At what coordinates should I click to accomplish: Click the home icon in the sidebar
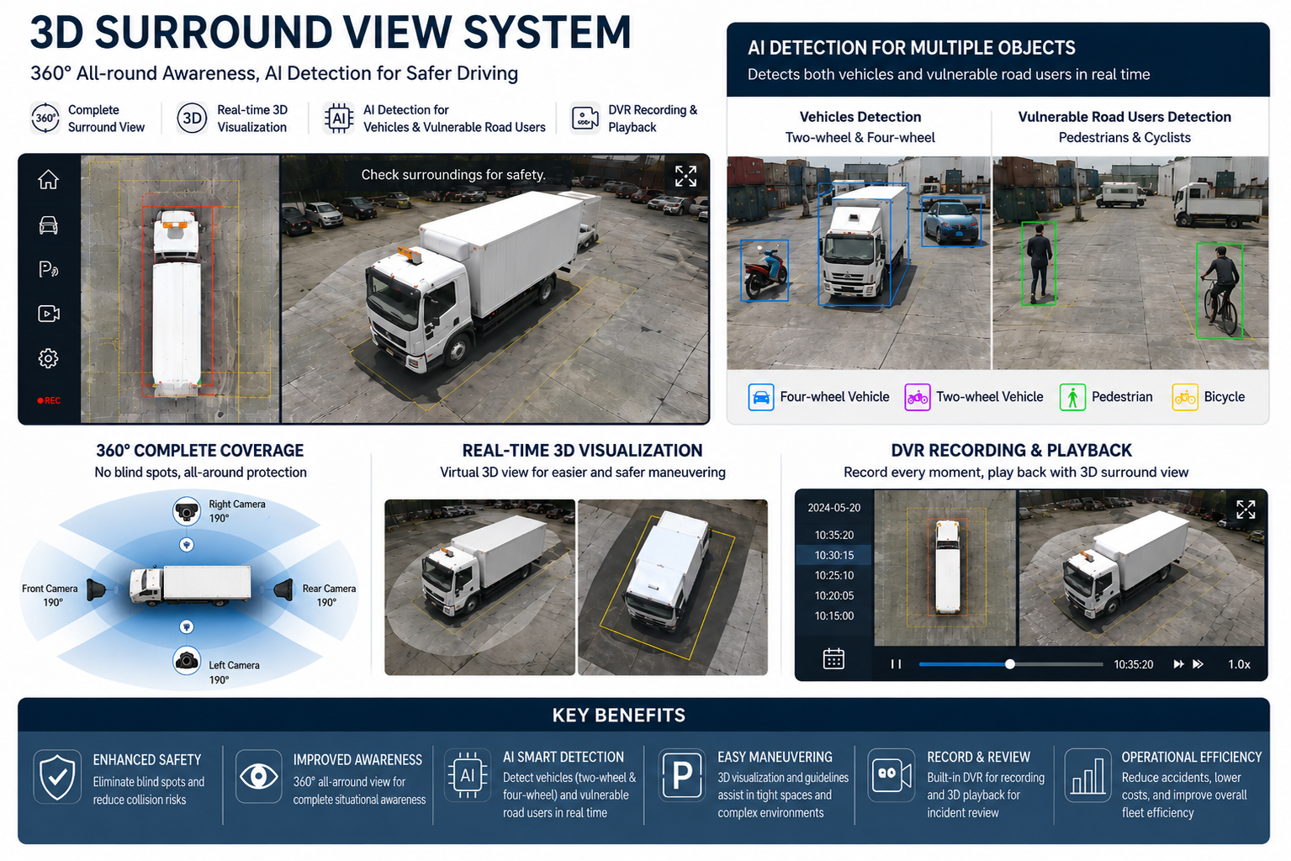(49, 180)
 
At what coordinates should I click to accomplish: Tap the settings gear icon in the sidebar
(49, 358)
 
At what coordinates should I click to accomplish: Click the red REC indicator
(49, 400)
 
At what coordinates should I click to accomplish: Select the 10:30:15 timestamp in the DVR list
(834, 555)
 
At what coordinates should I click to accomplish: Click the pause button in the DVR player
(896, 664)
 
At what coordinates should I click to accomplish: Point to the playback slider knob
(1010, 664)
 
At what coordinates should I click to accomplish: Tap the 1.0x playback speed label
(1239, 664)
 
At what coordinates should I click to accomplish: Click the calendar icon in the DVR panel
(833, 658)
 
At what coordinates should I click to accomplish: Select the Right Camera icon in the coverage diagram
(187, 510)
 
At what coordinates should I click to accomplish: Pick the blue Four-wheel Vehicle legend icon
(761, 397)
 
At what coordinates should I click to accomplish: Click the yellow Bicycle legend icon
(1185, 397)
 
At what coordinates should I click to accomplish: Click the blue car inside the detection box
(951, 221)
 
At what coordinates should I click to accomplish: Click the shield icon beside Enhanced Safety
(57, 777)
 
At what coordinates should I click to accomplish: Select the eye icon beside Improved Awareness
(258, 776)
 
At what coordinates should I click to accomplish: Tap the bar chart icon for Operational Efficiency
(1087, 776)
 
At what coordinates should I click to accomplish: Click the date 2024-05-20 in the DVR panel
(834, 508)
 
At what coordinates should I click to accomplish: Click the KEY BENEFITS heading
(618, 716)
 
